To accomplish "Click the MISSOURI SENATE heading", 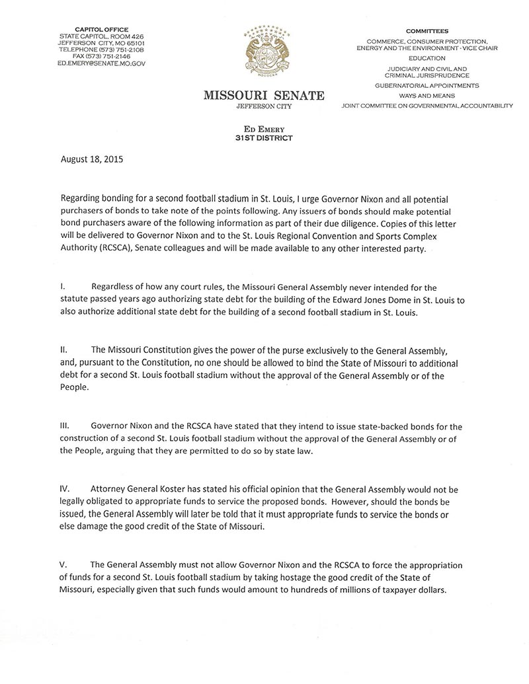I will click(x=264, y=96).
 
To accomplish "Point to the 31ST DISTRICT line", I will click(x=264, y=137).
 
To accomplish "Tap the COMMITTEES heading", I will click(x=427, y=30).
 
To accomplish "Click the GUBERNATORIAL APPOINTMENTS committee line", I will click(x=427, y=86).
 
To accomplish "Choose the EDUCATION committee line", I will click(x=427, y=58).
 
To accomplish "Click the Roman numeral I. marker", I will click(x=62, y=288).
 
